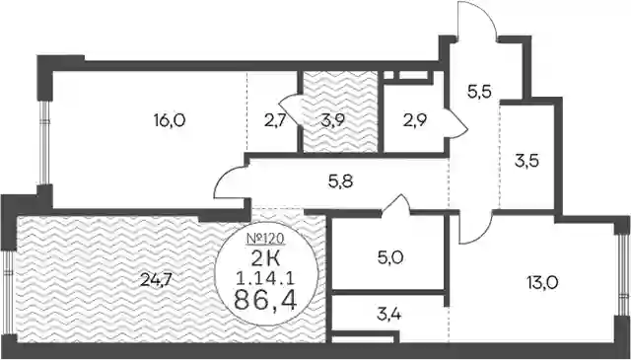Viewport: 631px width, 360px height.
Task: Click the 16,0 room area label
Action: (x=170, y=120)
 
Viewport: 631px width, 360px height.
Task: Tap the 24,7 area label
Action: (x=156, y=279)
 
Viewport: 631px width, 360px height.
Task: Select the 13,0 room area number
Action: (x=542, y=283)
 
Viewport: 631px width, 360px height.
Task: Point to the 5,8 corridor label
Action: (x=340, y=182)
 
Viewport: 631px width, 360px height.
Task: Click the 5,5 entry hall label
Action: (x=479, y=93)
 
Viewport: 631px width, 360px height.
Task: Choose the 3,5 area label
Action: (x=526, y=162)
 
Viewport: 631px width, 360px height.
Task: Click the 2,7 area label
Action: (x=275, y=120)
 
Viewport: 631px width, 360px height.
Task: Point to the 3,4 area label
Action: (x=388, y=313)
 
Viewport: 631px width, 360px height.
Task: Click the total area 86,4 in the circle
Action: (x=266, y=301)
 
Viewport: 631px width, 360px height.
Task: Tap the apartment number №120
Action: (x=265, y=240)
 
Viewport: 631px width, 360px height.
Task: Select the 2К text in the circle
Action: (x=265, y=259)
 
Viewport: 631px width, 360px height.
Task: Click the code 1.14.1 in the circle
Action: (x=265, y=278)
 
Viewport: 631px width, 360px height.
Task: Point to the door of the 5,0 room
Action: (x=395, y=203)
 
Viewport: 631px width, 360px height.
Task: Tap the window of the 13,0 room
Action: (x=623, y=275)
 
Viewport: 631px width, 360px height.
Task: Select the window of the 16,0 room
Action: (x=44, y=143)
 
